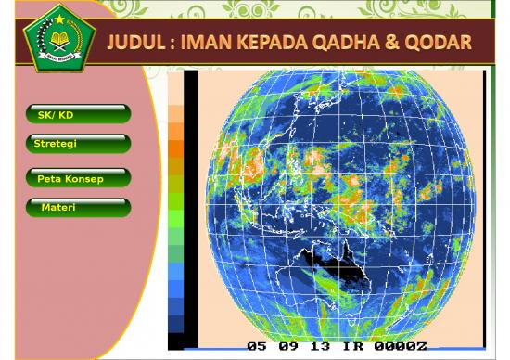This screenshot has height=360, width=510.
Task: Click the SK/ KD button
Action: pos(78,115)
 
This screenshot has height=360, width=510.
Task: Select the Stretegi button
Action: pos(78,145)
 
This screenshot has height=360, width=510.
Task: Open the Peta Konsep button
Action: pos(78,177)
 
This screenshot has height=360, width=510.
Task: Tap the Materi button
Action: pos(78,207)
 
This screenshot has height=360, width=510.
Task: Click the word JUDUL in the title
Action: pos(137,45)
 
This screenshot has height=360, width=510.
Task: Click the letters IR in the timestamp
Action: pos(351,346)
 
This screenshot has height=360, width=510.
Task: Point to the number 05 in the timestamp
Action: pos(259,346)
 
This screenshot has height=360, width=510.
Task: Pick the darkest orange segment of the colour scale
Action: pos(175,148)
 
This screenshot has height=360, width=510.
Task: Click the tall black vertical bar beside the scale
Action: pos(190,204)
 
